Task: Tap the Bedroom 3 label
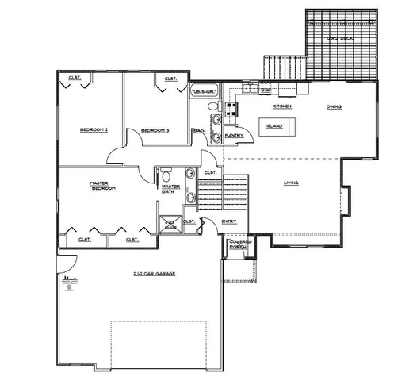[x=155, y=129]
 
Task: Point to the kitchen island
[x=275, y=125]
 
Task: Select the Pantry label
[x=234, y=136]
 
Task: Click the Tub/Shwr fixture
[x=204, y=90]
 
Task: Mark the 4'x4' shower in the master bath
[x=170, y=225]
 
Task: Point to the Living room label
[x=291, y=183]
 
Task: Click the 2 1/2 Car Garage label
[x=154, y=273]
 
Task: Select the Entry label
[x=228, y=221]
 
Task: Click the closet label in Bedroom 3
[x=170, y=79]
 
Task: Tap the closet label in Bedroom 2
[x=75, y=77]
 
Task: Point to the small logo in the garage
[x=69, y=281]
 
